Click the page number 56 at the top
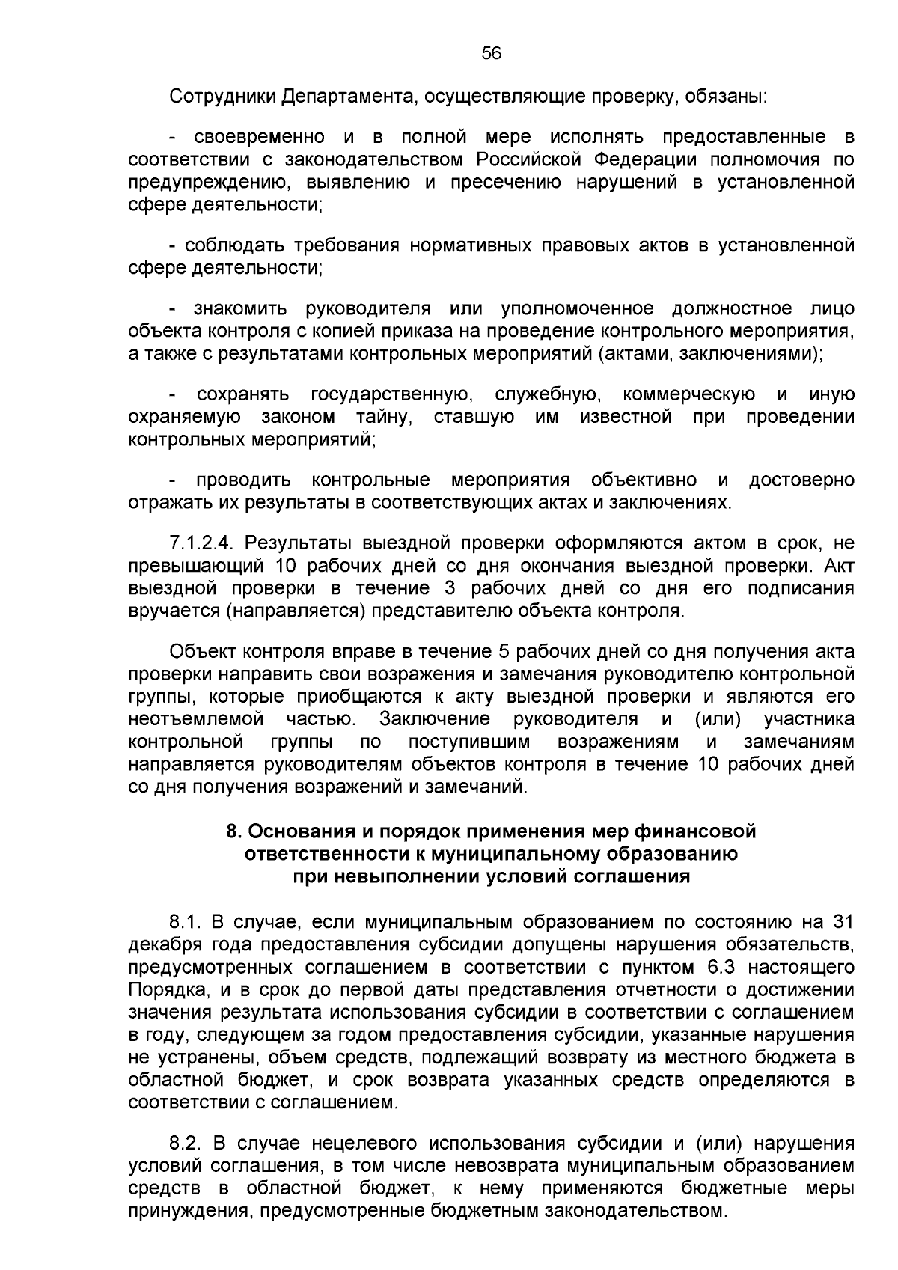[491, 53]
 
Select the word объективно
[644, 480]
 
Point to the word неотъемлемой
[196, 720]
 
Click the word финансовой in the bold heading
[695, 831]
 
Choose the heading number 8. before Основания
[233, 831]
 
